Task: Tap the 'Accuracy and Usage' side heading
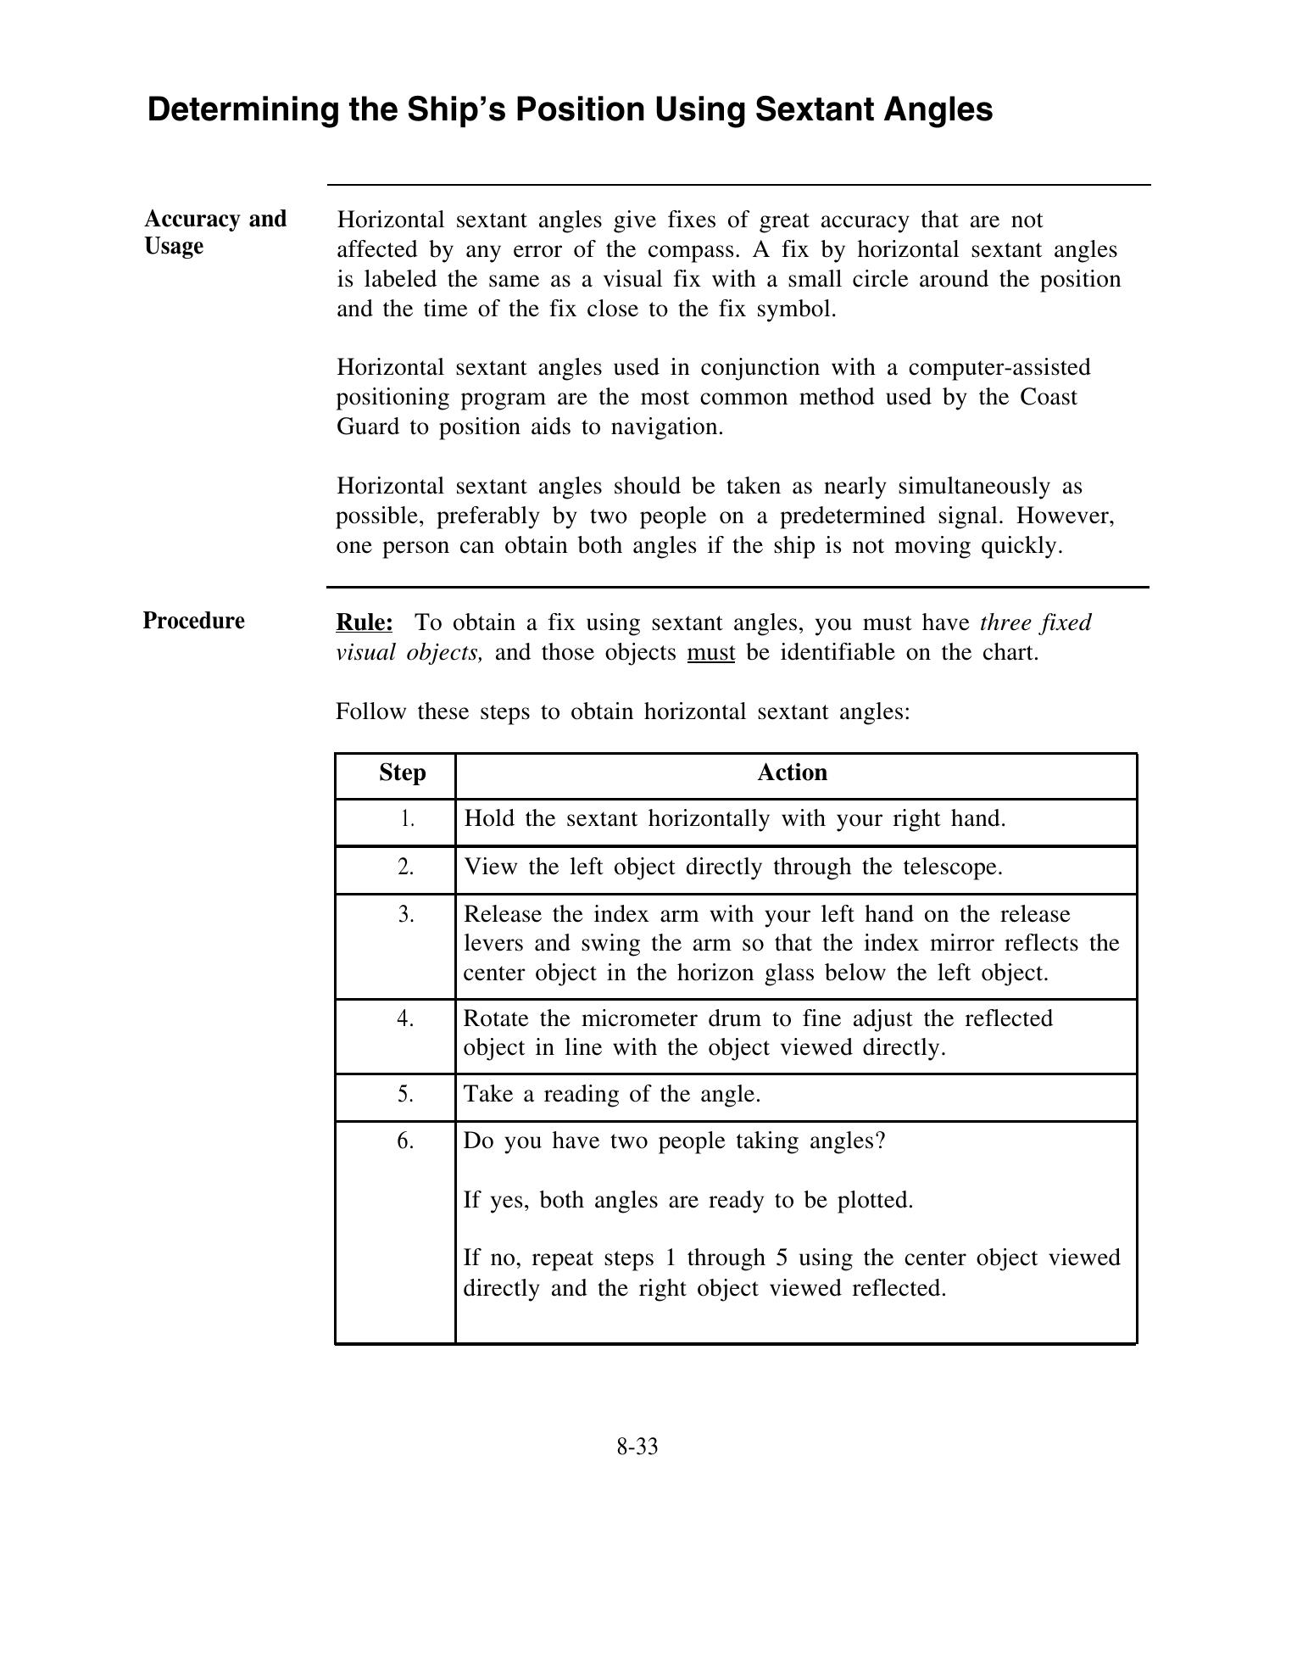[215, 232]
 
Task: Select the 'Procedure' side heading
[193, 621]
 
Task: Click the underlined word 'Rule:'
[365, 623]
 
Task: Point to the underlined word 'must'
[710, 653]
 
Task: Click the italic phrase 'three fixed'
[1035, 623]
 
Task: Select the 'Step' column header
[402, 773]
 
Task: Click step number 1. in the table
[407, 819]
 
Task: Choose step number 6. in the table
[405, 1141]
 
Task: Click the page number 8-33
[637, 1448]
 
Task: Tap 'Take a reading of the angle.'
[612, 1095]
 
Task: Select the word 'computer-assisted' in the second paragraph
[999, 368]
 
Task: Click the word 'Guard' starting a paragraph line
[369, 427]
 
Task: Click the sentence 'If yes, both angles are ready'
[687, 1201]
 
